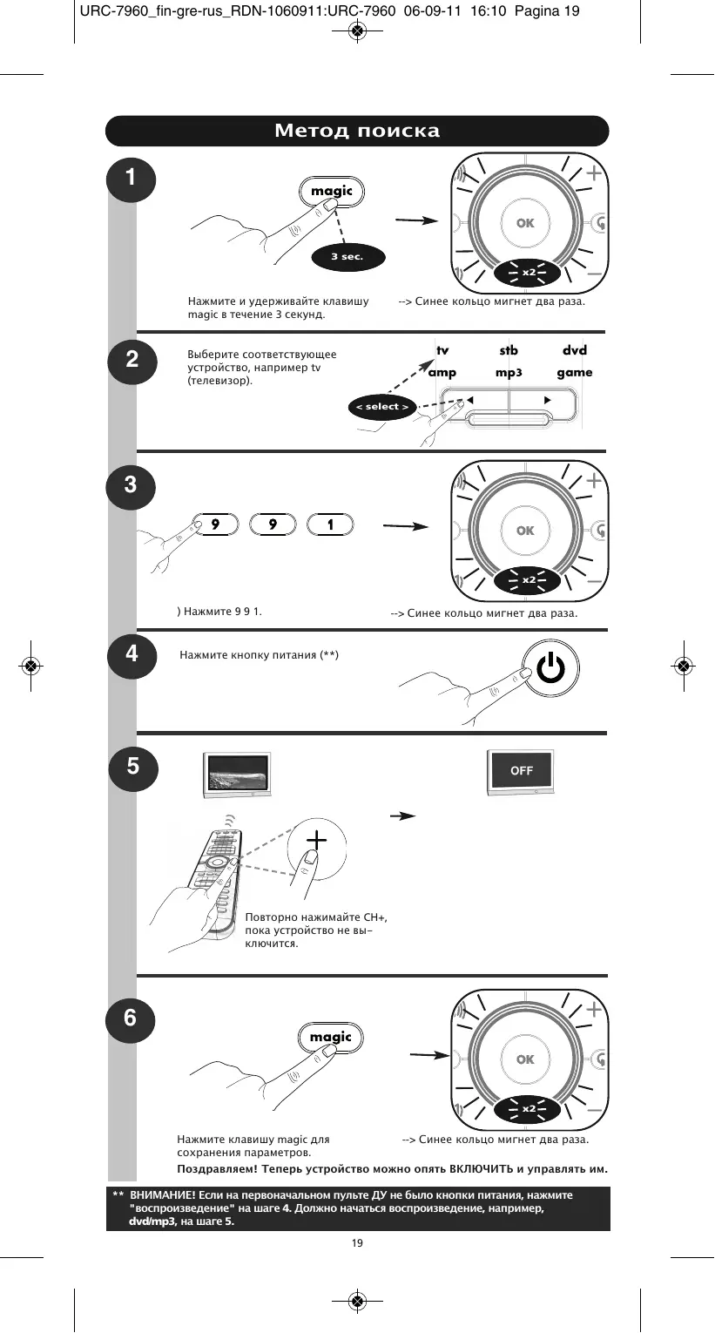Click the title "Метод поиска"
pyautogui.click(x=357, y=131)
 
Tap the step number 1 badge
pyautogui.click(x=131, y=178)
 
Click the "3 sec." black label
pyautogui.click(x=347, y=257)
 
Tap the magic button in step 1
pyautogui.click(x=332, y=192)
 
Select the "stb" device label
pyautogui.click(x=509, y=350)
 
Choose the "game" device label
pyautogui.click(x=575, y=373)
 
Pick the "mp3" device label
pyautogui.click(x=509, y=373)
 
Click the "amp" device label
pyautogui.click(x=442, y=373)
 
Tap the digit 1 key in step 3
pyautogui.click(x=331, y=524)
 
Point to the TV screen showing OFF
pyautogui.click(x=521, y=772)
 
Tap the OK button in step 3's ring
pyautogui.click(x=525, y=531)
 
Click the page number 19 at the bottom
pyautogui.click(x=357, y=1242)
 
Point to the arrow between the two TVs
pyautogui.click(x=401, y=816)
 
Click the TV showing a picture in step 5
pyautogui.click(x=234, y=771)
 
